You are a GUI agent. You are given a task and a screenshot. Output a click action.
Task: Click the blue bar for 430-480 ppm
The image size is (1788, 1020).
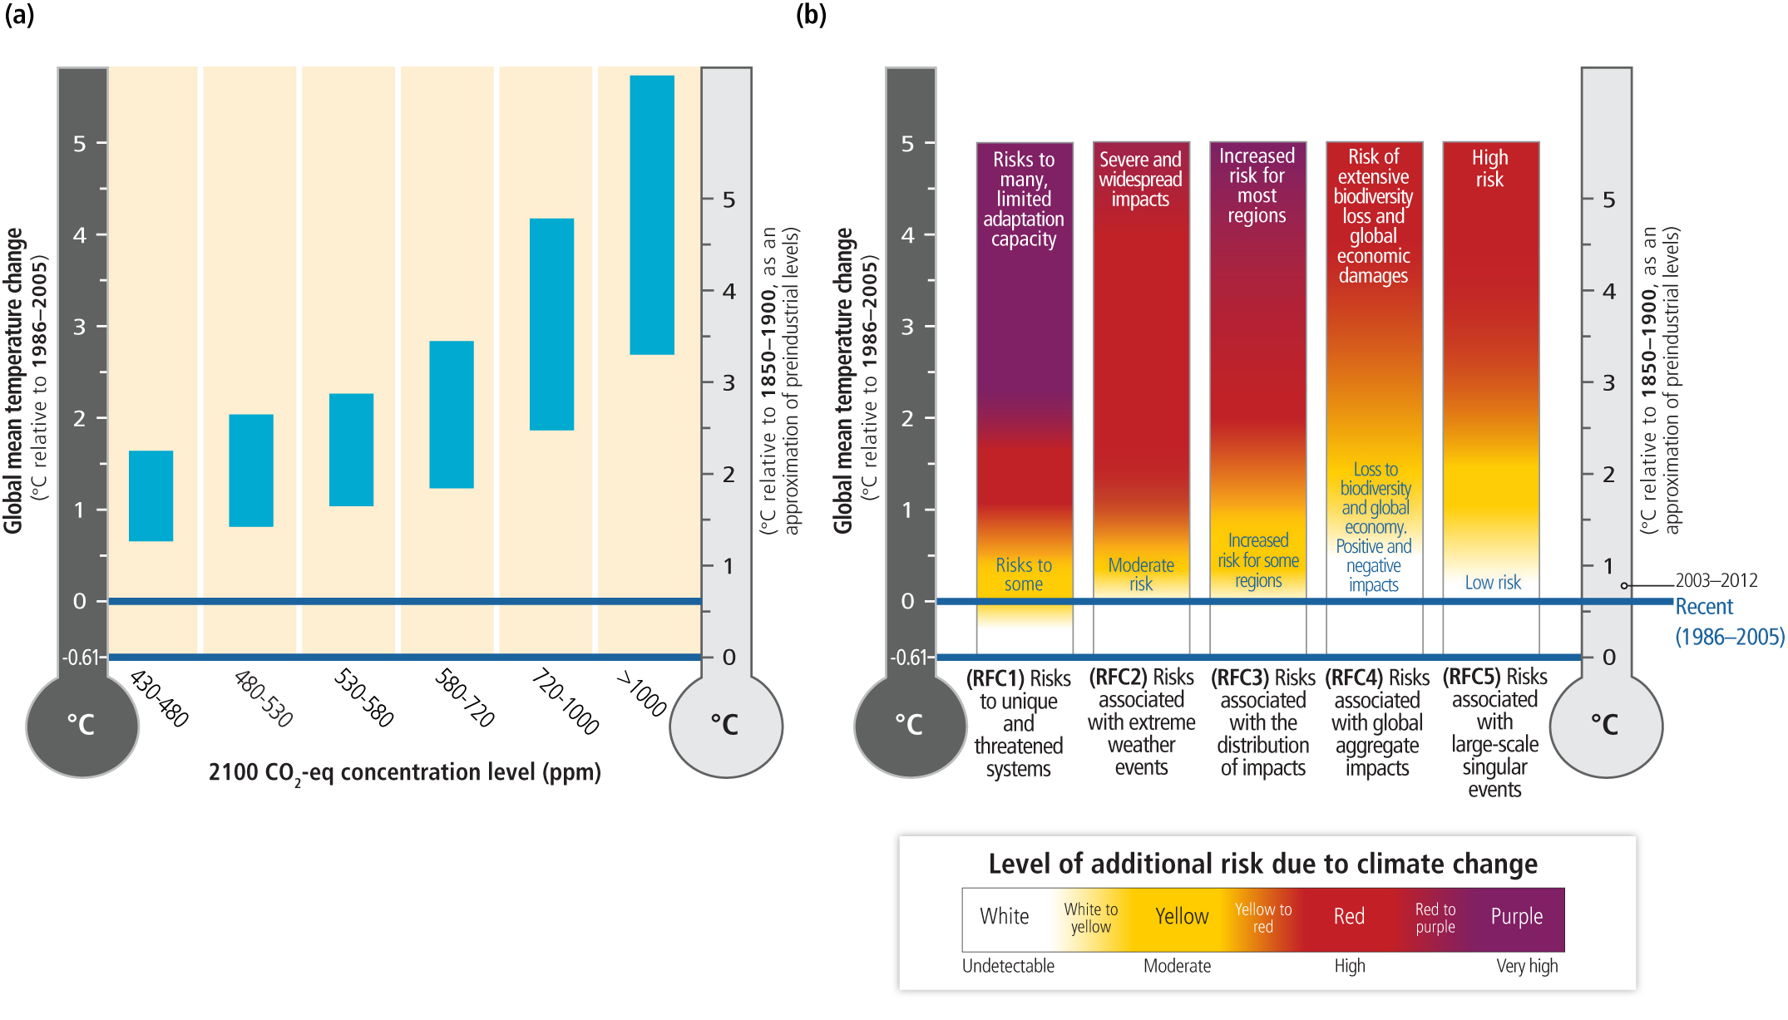pyautogui.click(x=151, y=496)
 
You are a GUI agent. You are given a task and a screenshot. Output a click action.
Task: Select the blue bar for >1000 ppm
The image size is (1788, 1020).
pyautogui.click(x=652, y=215)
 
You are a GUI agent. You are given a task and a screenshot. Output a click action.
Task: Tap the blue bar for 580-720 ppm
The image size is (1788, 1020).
pyautogui.click(x=452, y=414)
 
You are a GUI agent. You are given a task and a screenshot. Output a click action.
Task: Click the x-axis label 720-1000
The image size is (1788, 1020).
pyautogui.click(x=566, y=702)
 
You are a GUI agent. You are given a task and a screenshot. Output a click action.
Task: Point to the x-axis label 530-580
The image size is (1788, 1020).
pyautogui.click(x=364, y=698)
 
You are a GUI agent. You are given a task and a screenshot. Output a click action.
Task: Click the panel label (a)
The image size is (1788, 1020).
pyautogui.click(x=20, y=15)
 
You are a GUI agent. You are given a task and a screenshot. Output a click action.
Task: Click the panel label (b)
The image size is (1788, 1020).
pyautogui.click(x=811, y=15)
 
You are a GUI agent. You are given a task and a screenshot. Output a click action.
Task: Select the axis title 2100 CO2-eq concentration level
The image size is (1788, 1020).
pyautogui.click(x=404, y=773)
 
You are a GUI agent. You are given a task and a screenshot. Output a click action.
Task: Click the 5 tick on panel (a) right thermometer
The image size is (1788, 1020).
pyautogui.click(x=729, y=200)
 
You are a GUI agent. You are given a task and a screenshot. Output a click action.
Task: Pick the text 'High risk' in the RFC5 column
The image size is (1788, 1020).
pyautogui.click(x=1489, y=168)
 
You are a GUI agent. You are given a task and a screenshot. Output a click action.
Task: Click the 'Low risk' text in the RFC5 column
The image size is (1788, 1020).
pyautogui.click(x=1493, y=583)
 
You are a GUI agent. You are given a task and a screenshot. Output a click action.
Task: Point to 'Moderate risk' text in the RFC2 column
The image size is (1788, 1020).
pyautogui.click(x=1141, y=574)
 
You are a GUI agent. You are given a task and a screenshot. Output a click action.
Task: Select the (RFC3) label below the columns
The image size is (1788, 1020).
pyautogui.click(x=1240, y=678)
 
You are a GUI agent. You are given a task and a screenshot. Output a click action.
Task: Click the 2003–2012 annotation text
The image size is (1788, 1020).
pyautogui.click(x=1716, y=580)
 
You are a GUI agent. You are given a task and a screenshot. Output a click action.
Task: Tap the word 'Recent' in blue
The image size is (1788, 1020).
pyautogui.click(x=1704, y=607)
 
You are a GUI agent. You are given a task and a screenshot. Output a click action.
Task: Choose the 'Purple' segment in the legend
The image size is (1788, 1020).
pyautogui.click(x=1516, y=917)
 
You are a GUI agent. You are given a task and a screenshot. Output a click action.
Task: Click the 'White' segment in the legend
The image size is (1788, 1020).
pyautogui.click(x=1004, y=917)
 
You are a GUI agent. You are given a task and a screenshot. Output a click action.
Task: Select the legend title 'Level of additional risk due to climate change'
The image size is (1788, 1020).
pyautogui.click(x=1262, y=864)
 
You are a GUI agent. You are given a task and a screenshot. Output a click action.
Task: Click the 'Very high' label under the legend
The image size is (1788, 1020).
pyautogui.click(x=1527, y=966)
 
